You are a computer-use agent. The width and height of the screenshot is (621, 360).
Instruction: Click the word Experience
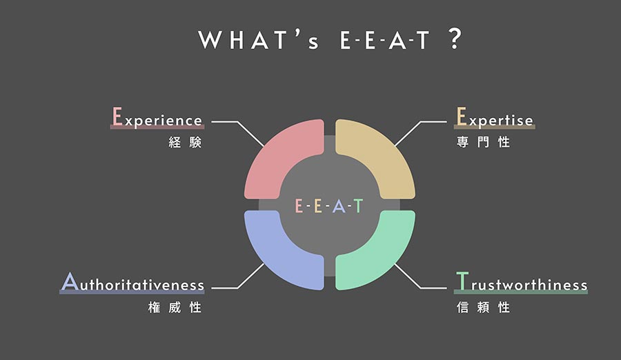click(157, 117)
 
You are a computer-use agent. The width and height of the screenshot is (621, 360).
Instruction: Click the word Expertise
click(494, 117)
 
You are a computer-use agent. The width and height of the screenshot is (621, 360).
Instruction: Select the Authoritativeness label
click(132, 282)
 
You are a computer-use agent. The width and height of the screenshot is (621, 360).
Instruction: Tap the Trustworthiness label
click(521, 282)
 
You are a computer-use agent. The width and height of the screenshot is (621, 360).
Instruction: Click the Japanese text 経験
click(185, 142)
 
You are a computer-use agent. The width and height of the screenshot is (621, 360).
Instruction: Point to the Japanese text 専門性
click(483, 142)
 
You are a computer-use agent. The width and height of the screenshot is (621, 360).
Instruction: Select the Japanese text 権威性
click(175, 308)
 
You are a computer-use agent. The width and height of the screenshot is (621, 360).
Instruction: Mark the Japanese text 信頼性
click(483, 308)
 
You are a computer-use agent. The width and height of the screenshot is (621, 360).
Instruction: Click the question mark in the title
click(455, 39)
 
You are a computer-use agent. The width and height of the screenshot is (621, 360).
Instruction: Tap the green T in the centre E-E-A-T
click(358, 206)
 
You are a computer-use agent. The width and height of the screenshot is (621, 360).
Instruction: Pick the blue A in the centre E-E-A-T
click(339, 206)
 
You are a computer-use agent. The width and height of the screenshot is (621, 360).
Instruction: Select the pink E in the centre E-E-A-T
click(299, 206)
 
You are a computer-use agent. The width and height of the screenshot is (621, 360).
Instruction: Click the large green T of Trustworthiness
click(462, 281)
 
